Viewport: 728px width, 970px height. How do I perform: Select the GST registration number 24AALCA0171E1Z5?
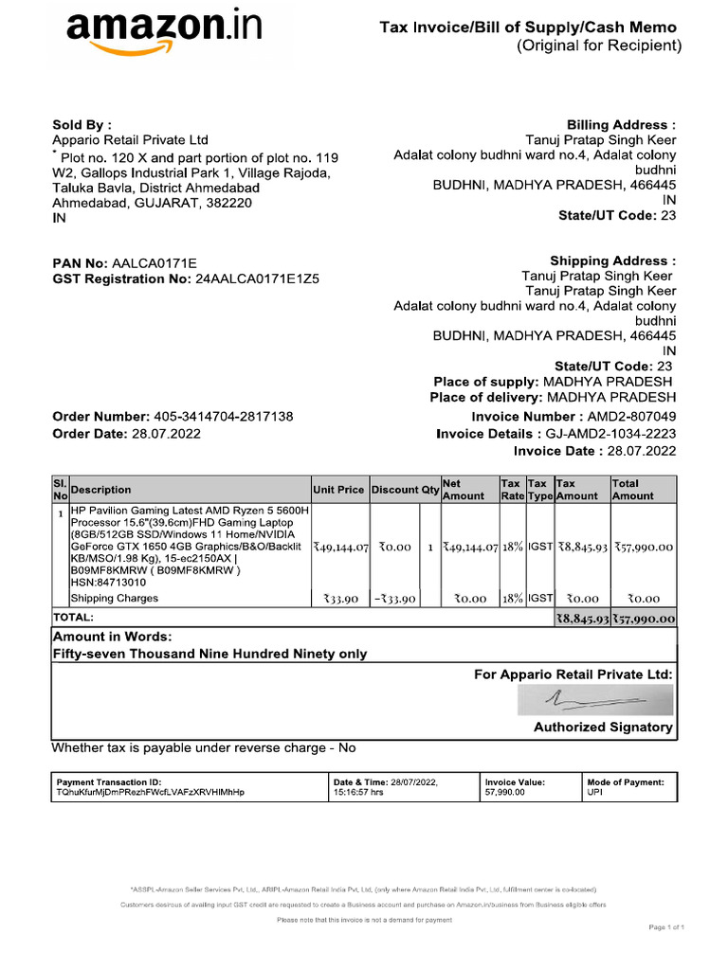pos(257,279)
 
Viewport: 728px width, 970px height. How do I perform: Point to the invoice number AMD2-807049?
pos(632,417)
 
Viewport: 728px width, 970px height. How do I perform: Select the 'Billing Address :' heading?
pos(621,125)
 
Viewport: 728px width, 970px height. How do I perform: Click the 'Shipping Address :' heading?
pos(612,260)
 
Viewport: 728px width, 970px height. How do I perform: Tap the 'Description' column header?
pos(101,490)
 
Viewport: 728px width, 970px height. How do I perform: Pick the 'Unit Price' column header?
pos(338,490)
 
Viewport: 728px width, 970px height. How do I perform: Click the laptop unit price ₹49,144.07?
pos(339,548)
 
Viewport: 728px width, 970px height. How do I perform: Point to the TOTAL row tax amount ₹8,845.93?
pos(581,619)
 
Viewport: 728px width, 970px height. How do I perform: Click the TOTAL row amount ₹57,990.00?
pos(644,619)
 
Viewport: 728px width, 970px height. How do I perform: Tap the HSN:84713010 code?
pos(104,584)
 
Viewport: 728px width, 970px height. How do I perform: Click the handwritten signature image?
pos(595,700)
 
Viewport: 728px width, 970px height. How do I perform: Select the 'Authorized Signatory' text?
pos(603,727)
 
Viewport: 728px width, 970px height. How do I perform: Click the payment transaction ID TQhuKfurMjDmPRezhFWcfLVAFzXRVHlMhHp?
pos(150,792)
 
